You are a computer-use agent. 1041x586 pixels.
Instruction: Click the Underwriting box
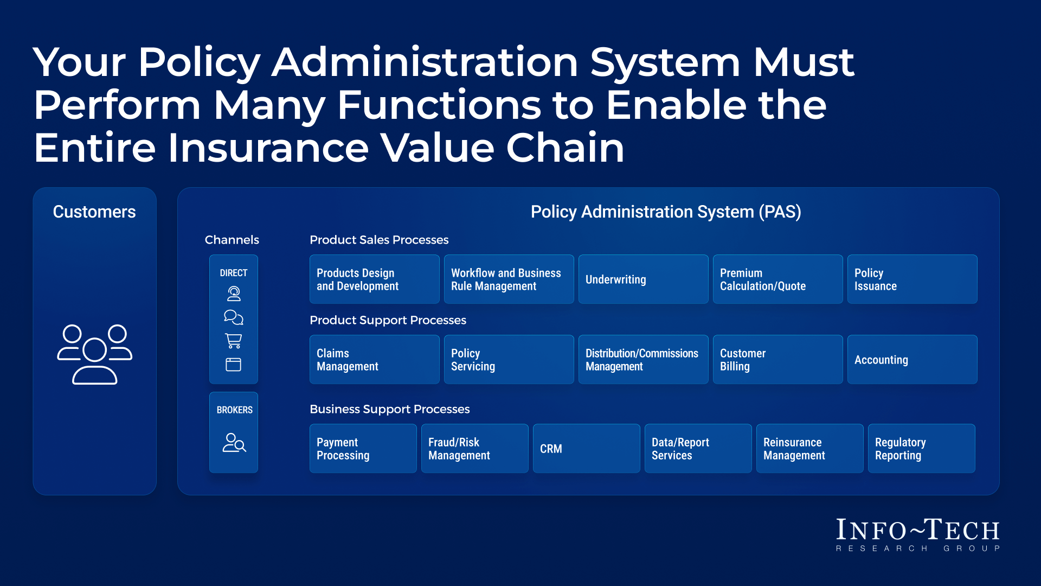coord(643,279)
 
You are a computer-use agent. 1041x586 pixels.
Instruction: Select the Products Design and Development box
coord(374,279)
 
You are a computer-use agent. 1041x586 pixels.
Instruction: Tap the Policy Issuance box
coord(912,279)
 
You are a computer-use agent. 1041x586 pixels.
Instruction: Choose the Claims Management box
coord(374,359)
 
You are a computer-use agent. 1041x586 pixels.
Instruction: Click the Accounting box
coord(912,359)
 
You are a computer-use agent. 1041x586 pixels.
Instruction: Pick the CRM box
coord(586,448)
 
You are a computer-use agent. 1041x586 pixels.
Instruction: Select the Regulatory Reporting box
coord(921,448)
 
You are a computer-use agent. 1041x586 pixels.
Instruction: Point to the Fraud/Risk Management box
coord(474,448)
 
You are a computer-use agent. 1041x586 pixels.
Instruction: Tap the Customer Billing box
coord(777,359)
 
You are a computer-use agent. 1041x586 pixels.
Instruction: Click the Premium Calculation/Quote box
coord(777,279)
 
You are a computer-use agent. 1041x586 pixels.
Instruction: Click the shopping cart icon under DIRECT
coord(234,341)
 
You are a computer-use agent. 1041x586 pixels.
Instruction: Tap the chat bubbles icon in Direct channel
coord(234,317)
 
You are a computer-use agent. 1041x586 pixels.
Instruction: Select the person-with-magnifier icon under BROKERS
coord(234,443)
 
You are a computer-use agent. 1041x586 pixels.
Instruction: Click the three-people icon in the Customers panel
coord(95,354)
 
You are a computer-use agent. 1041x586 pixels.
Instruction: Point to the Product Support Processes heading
coord(388,320)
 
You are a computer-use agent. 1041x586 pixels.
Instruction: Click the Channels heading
coord(232,240)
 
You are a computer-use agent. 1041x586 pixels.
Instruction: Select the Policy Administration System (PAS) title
coord(665,212)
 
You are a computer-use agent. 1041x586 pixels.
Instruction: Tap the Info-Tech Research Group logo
coord(917,535)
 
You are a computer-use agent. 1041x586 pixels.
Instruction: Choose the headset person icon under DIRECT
coord(234,294)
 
